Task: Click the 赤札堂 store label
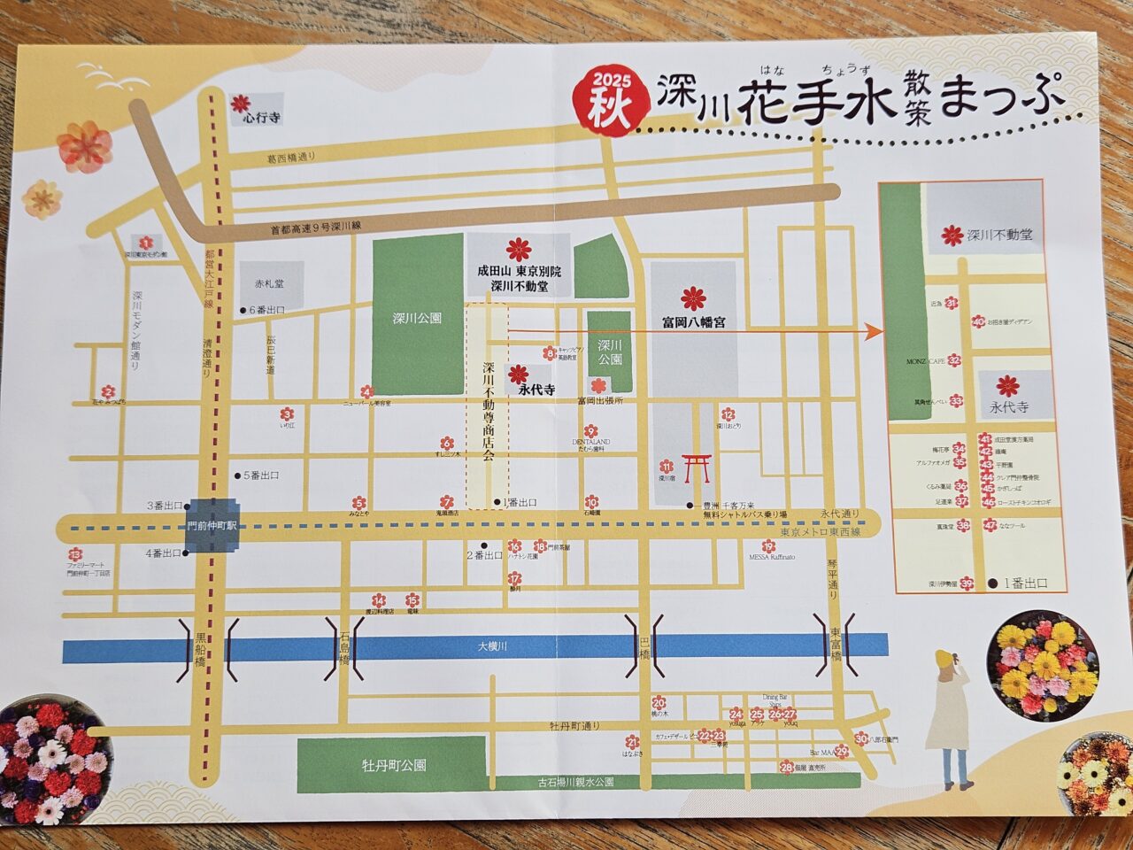(270, 285)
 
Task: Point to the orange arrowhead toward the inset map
(874, 332)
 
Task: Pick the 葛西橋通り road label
(291, 157)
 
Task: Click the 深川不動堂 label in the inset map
(998, 236)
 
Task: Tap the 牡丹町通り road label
(574, 726)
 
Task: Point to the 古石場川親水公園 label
(575, 783)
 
